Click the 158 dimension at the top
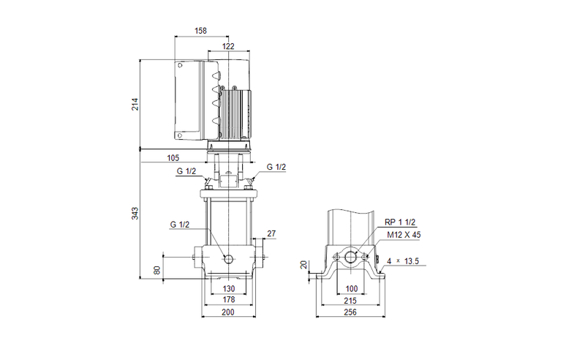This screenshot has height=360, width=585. [x=200, y=31]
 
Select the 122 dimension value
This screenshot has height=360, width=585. [x=229, y=46]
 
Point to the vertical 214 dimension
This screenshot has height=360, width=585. [x=135, y=103]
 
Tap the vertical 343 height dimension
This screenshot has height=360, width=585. [x=135, y=213]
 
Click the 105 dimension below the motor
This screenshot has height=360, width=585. [x=173, y=158]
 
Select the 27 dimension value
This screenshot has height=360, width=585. [x=272, y=233]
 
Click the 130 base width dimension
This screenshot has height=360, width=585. [x=228, y=288]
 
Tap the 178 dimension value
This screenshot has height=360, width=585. [x=228, y=299]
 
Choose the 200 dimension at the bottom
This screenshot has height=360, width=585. [x=228, y=312]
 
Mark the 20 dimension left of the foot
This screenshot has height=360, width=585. [x=302, y=264]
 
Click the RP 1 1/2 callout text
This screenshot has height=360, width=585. [x=400, y=222]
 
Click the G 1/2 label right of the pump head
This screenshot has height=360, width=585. [x=276, y=168]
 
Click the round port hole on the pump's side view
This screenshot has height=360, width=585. [x=229, y=260]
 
